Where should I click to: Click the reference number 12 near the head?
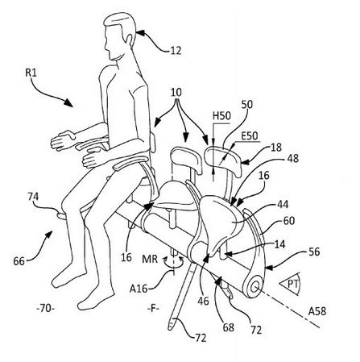coord(176,51)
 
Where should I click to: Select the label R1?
coord(31,73)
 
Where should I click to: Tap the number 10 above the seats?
coord(176,92)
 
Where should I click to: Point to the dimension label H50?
coord(221,116)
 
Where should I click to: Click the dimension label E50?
coord(250,135)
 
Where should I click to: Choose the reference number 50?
coord(247,104)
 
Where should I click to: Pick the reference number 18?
coord(276,147)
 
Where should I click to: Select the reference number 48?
coord(292,158)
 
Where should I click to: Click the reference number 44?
coord(282,205)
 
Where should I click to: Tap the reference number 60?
coord(289,221)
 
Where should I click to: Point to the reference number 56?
coord(314,252)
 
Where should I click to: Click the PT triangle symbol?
coord(291,285)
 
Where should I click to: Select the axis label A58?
coord(317,311)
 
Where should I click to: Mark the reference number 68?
coord(228,327)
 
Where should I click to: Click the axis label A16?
coord(139,289)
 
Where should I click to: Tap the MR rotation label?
coord(150,260)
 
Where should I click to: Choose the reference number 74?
coord(33,197)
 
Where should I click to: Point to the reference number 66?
coord(19,261)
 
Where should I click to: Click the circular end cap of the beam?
coord(254,287)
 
